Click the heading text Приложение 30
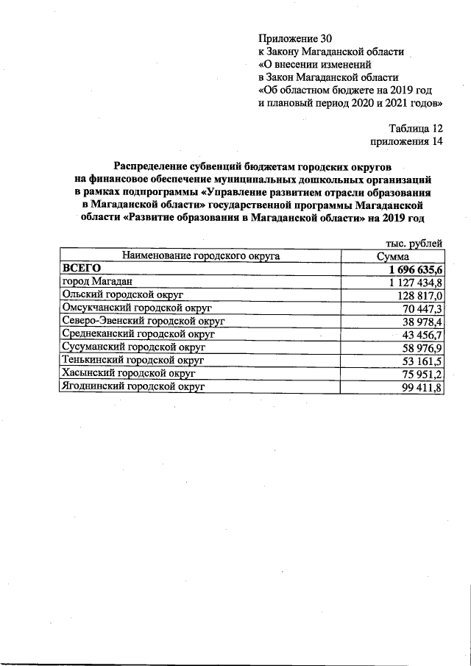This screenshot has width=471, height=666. pos(290,38)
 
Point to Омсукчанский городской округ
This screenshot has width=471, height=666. pos(136,308)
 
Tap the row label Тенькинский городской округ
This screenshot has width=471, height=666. pos(132,360)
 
